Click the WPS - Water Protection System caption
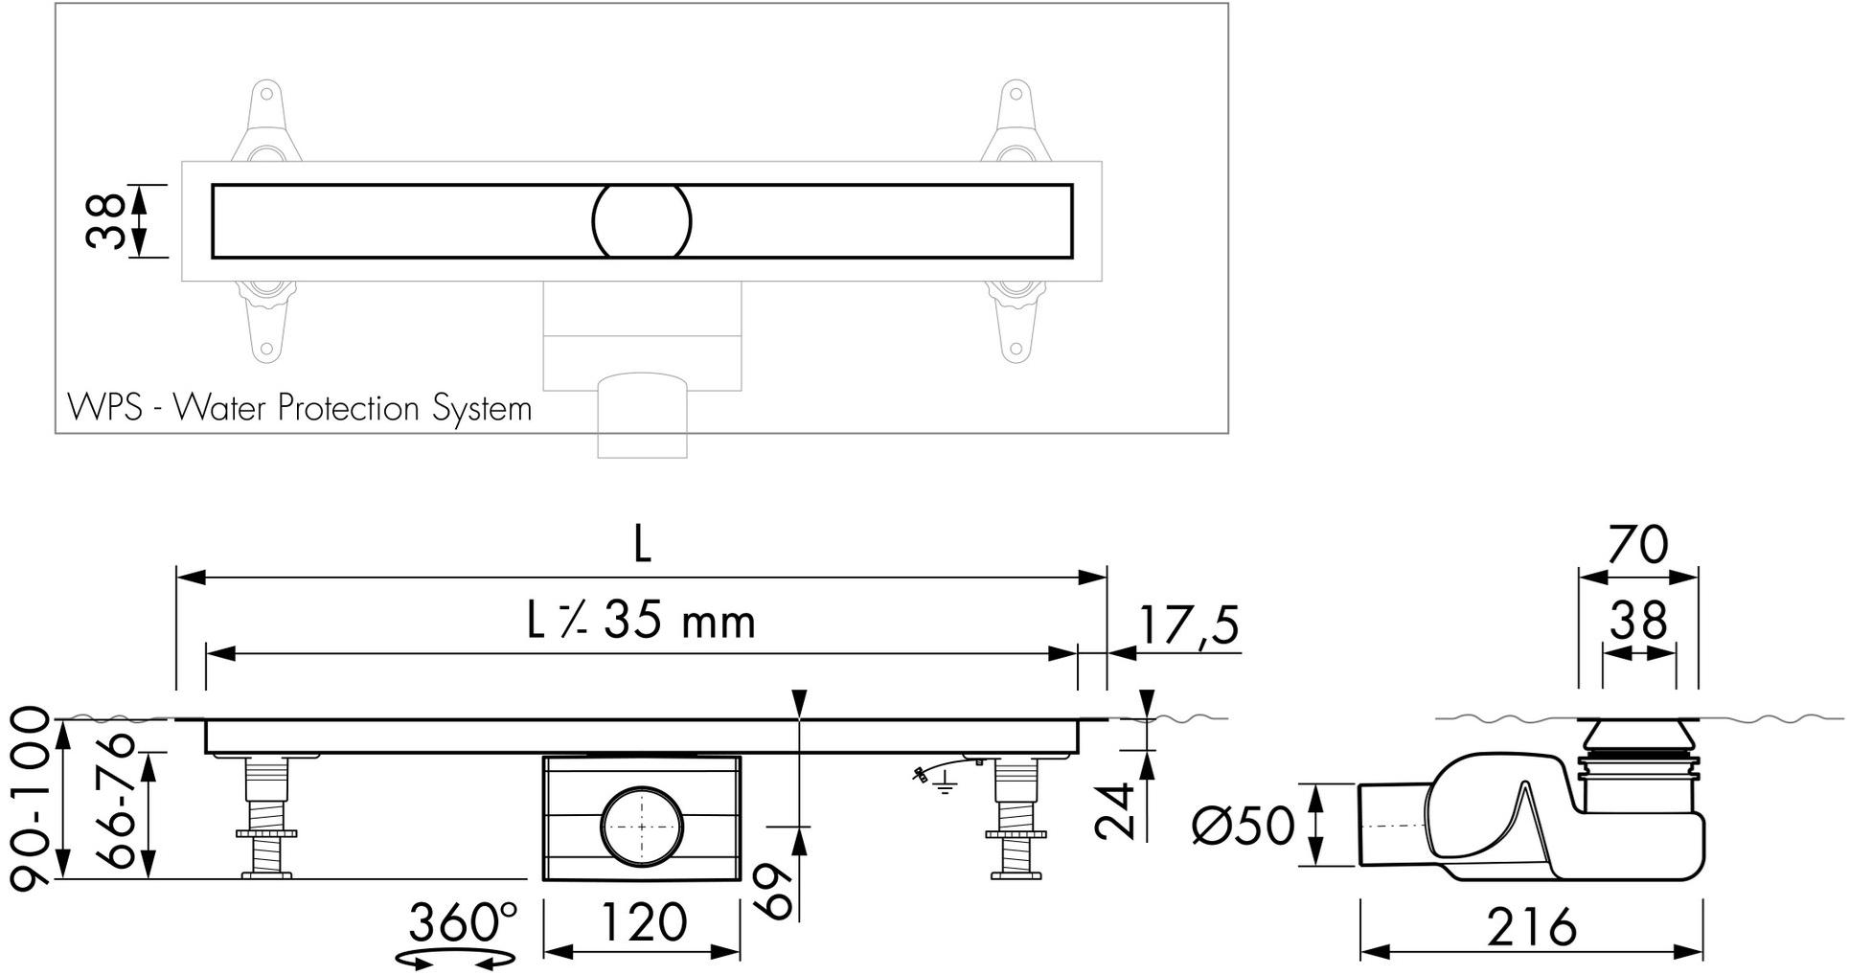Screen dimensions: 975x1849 click(299, 409)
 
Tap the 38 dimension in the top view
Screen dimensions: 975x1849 click(106, 221)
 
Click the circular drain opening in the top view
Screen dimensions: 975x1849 click(641, 221)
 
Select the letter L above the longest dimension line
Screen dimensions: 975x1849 click(642, 545)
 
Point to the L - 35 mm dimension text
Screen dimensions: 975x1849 click(641, 622)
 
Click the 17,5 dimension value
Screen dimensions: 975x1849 click(1188, 625)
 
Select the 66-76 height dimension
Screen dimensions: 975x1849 click(119, 800)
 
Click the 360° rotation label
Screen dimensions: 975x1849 click(463, 922)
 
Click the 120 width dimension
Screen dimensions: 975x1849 click(642, 922)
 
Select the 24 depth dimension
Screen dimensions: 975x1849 click(1116, 810)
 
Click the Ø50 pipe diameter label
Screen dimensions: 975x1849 click(1243, 825)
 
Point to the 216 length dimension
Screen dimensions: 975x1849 click(1531, 926)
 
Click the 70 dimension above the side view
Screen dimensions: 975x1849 click(1637, 545)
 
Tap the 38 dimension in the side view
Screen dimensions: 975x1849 click(1638, 621)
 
